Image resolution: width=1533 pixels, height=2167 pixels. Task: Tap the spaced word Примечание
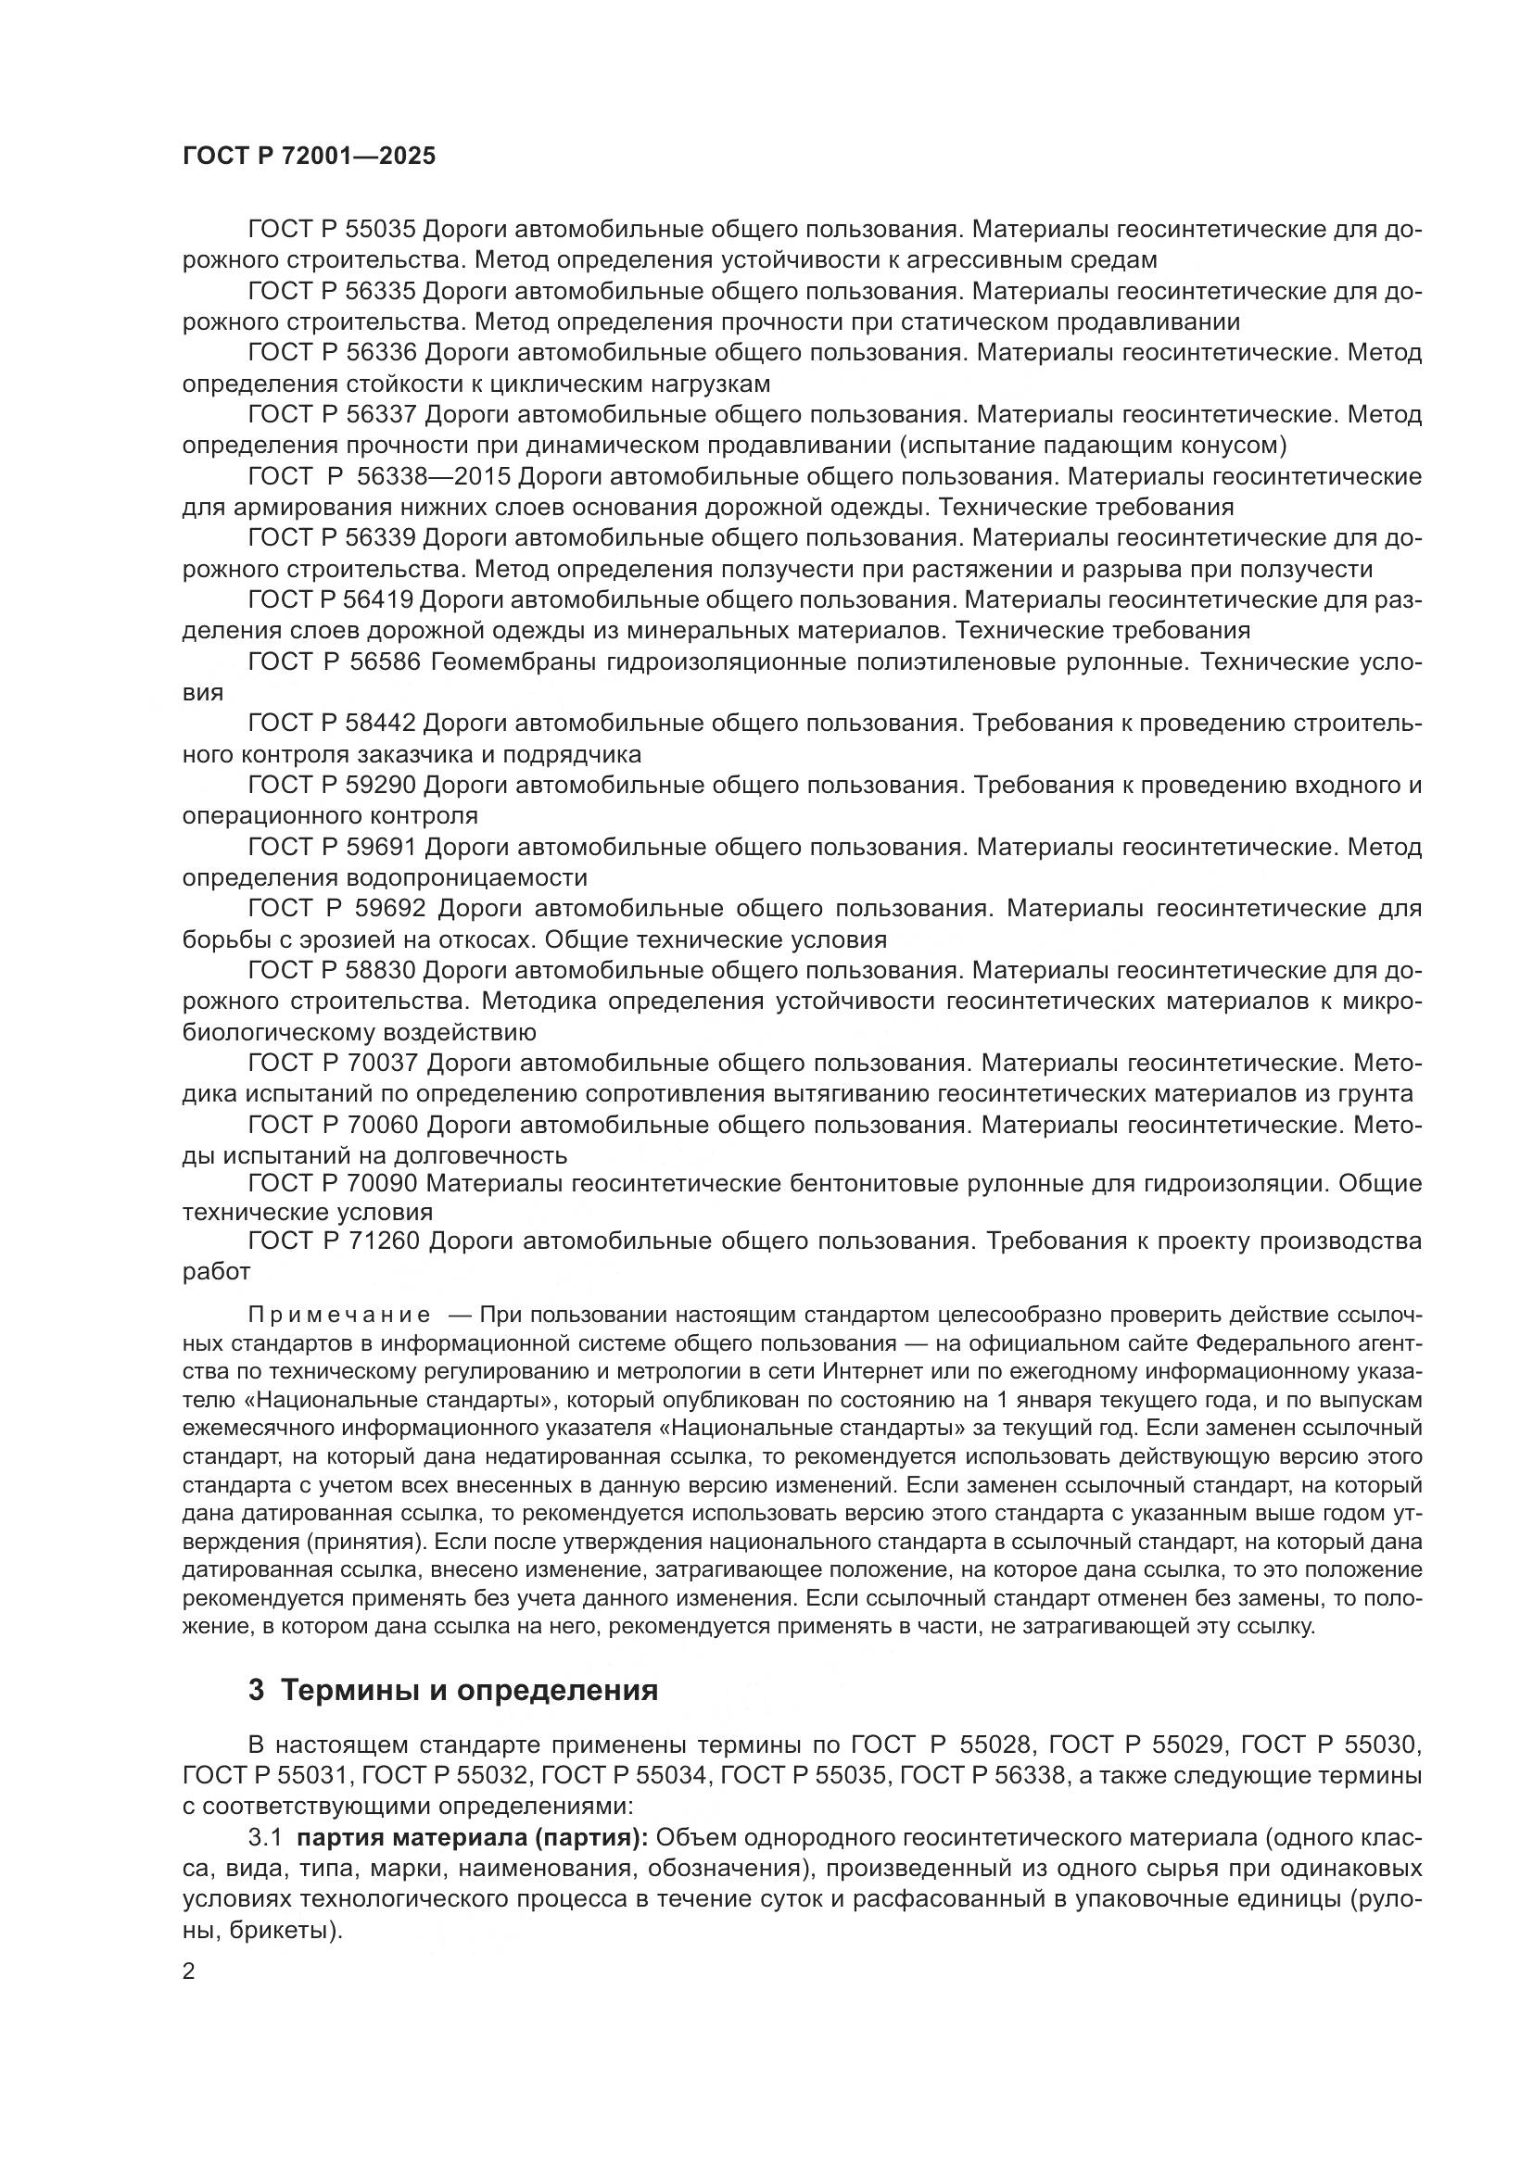tap(340, 1316)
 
